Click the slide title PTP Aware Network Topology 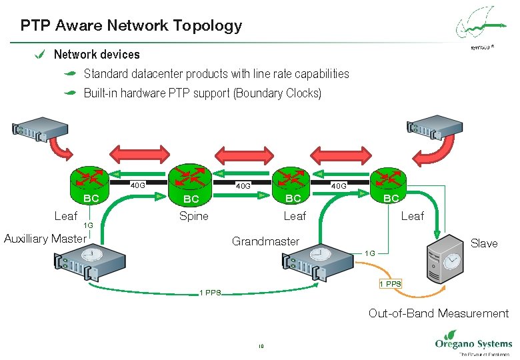(131, 26)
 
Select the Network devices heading (97, 54)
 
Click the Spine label (193, 216)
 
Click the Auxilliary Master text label (45, 239)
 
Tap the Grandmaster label (265, 241)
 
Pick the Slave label (483, 243)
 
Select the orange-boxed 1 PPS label (390, 284)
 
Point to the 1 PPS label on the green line (211, 293)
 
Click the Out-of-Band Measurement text (438, 313)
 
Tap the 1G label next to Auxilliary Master (88, 226)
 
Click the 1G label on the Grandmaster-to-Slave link (370, 253)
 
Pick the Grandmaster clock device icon (318, 261)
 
